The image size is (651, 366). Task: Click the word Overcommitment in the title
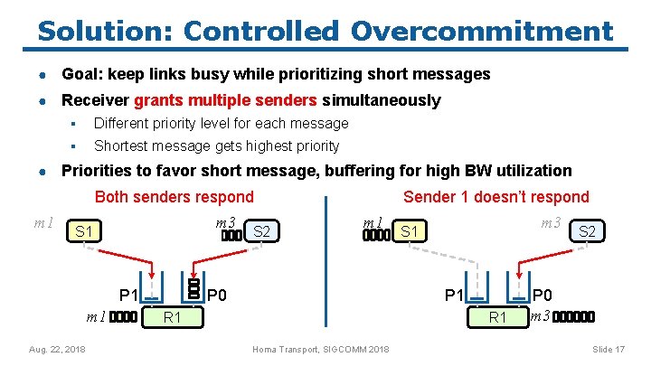pos(481,31)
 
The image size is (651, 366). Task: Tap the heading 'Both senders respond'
pos(174,197)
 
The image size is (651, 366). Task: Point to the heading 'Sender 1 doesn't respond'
pos(495,197)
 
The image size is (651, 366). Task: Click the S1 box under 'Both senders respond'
pos(84,232)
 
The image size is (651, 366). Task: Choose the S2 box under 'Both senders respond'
pos(262,232)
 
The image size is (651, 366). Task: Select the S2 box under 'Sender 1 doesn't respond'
pos(587,232)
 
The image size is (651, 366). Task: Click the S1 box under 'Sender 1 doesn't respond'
pos(410,232)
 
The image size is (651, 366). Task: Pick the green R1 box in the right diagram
pos(497,317)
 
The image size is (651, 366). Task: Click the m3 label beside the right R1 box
pos(540,315)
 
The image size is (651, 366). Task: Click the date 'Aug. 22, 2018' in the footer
pos(57,349)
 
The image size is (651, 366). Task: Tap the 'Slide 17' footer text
pos(609,349)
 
